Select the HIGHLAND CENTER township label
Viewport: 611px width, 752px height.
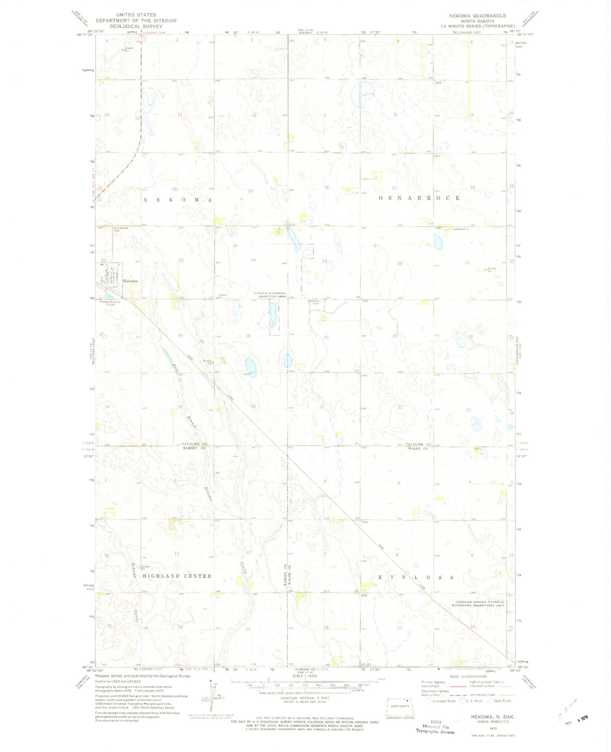click(177, 576)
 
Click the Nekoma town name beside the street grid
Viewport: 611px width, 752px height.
click(130, 281)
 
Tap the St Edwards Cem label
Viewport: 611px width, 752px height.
click(121, 229)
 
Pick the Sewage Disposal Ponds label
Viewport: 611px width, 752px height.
click(110, 303)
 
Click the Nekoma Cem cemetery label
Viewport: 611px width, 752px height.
click(313, 302)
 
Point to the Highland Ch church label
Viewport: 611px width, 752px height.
click(462, 229)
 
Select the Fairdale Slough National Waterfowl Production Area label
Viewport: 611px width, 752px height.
click(480, 603)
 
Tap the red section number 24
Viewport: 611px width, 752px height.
click(253, 260)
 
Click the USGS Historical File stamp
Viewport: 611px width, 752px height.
click(436, 727)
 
